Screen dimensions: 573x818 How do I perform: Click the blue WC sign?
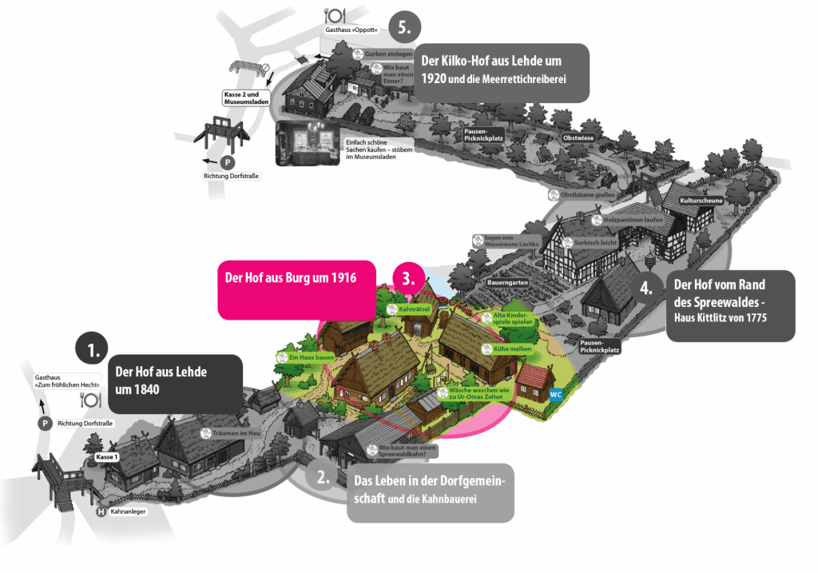pyautogui.click(x=556, y=395)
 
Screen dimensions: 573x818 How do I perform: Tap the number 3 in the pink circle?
pyautogui.click(x=408, y=279)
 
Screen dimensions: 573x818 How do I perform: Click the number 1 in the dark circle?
pyautogui.click(x=92, y=350)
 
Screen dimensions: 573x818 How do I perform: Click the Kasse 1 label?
pyautogui.click(x=106, y=456)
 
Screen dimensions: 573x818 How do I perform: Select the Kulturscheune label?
pyautogui.click(x=701, y=201)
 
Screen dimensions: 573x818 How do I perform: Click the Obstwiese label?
pyautogui.click(x=580, y=137)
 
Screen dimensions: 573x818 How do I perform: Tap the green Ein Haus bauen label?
pyautogui.click(x=304, y=357)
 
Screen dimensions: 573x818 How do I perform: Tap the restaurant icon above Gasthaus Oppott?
pyautogui.click(x=333, y=14)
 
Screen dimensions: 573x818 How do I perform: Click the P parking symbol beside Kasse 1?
pyautogui.click(x=45, y=424)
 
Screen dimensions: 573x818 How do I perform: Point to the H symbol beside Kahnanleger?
pyautogui.click(x=101, y=511)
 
